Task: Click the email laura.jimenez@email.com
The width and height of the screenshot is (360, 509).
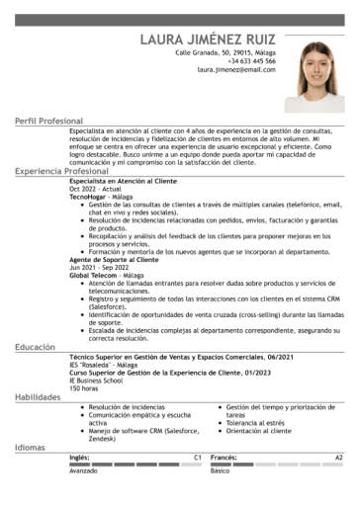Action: point(236,71)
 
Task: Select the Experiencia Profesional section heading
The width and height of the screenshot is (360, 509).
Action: point(61,171)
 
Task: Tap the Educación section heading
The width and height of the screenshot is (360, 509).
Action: point(35,347)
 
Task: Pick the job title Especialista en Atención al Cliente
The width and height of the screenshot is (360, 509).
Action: point(125,182)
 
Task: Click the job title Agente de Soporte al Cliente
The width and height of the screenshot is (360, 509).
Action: point(113,260)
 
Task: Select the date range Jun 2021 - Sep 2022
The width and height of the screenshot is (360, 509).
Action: point(100,267)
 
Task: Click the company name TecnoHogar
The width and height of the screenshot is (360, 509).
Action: point(89,196)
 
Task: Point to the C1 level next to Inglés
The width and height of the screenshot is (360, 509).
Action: point(198,458)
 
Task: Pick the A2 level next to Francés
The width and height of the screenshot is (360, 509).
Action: point(338,458)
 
